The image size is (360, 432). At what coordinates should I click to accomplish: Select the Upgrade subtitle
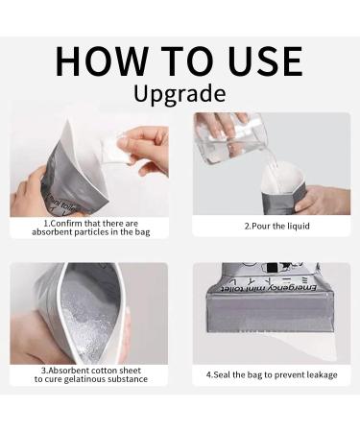pyautogui.click(x=180, y=95)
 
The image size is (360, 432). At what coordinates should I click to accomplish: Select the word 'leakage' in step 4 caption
pyautogui.click(x=318, y=374)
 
